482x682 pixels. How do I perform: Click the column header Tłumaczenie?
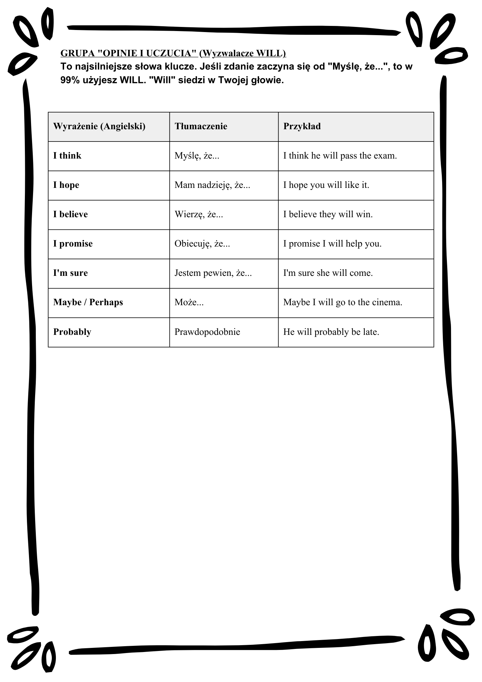coord(201,127)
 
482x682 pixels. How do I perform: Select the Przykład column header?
coord(302,127)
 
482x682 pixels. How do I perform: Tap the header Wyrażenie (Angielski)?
coord(99,127)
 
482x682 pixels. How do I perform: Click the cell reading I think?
coord(67,156)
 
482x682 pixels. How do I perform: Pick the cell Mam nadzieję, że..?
coord(212,185)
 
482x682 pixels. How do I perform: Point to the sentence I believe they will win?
coord(328,214)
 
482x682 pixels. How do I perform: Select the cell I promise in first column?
coord(73,244)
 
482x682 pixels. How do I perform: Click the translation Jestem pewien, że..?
coord(213,273)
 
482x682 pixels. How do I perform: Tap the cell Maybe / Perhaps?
coord(88,302)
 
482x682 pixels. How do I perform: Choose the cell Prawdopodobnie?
coord(207,332)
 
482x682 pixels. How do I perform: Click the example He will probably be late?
coord(331,332)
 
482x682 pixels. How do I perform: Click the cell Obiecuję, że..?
coord(202,244)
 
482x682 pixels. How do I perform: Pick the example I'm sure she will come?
coord(328,273)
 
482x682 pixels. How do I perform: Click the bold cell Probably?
coord(72,332)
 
